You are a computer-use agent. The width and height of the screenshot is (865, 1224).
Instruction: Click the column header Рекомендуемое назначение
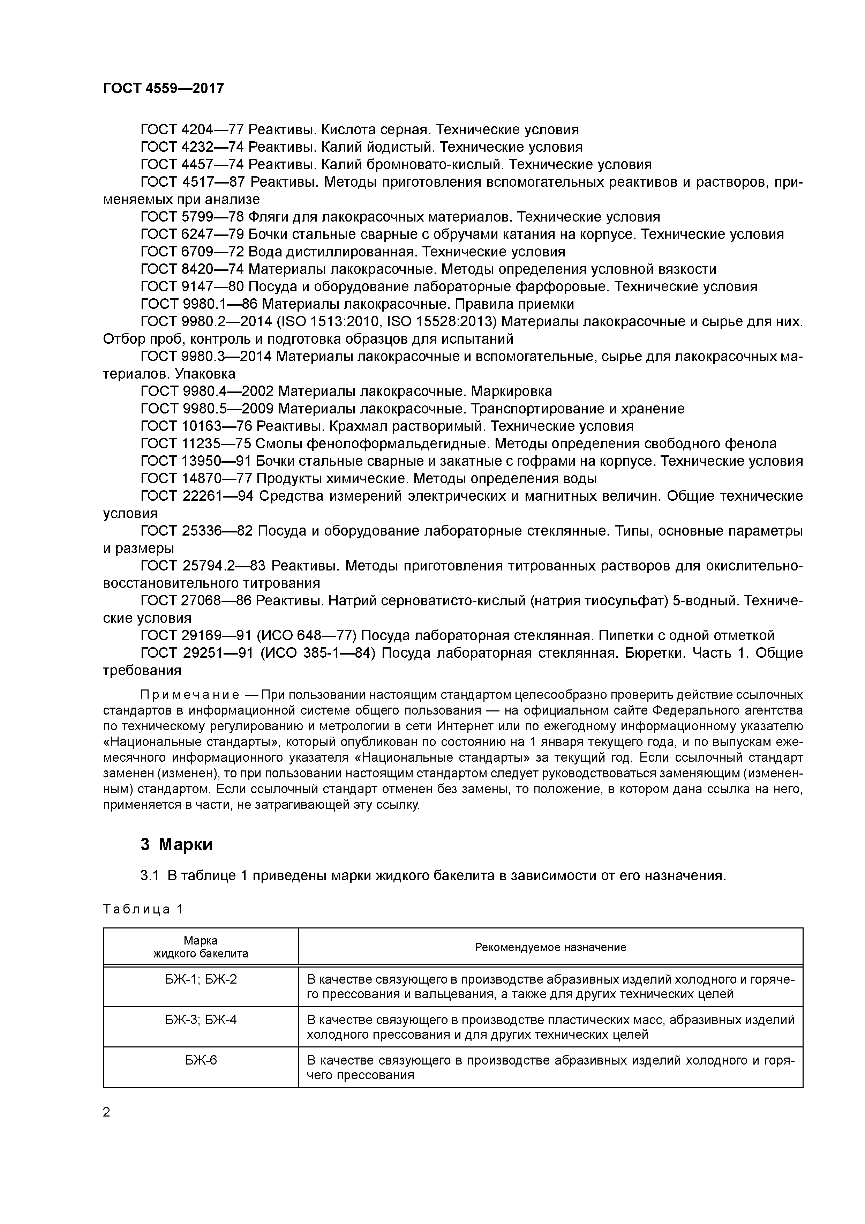[x=550, y=947]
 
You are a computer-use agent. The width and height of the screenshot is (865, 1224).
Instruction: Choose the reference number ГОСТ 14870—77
[x=196, y=479]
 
